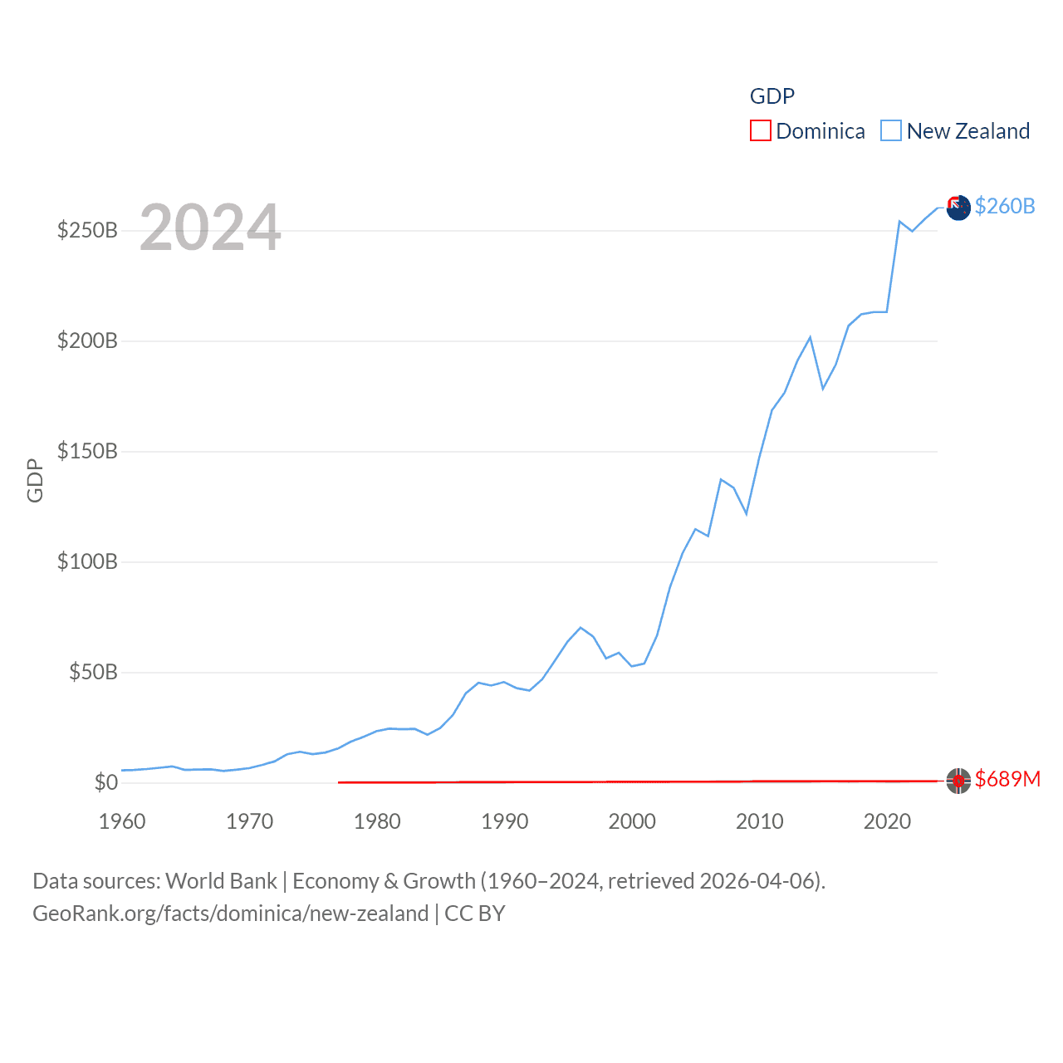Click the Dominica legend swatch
[x=760, y=131]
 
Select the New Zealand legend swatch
[x=890, y=131]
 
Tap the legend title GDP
[x=772, y=96]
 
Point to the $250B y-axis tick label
[x=87, y=230]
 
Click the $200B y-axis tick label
[x=87, y=340]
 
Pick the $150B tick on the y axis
[x=87, y=451]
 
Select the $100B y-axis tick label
[x=87, y=561]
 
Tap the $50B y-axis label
[x=93, y=672]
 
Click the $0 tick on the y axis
[x=105, y=782]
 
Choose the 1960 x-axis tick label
[x=122, y=821]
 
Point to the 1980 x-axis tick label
[x=377, y=821]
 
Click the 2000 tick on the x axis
[x=632, y=821]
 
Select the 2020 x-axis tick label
[x=887, y=821]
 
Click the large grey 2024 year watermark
[x=210, y=228]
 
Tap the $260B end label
[x=1005, y=206]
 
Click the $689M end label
[x=1007, y=779]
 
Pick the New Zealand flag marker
[x=958, y=208]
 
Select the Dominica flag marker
[x=958, y=781]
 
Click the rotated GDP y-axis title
[x=35, y=480]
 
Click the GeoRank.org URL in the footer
[x=230, y=914]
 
